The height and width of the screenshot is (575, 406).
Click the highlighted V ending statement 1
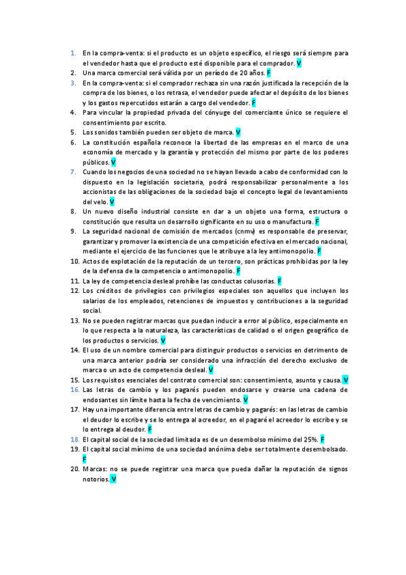[x=299, y=62]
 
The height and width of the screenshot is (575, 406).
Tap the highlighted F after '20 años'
[x=269, y=72]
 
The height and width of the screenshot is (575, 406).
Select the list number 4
[x=73, y=112]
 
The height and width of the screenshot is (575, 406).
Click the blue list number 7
[x=73, y=172]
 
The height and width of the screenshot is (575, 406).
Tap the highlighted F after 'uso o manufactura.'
[x=317, y=222]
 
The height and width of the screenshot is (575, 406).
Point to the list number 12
[x=75, y=291]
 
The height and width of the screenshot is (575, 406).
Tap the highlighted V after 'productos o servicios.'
[x=163, y=340]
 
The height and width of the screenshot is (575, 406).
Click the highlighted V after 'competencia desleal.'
[x=211, y=370]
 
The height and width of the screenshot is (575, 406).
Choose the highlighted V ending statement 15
[x=345, y=380]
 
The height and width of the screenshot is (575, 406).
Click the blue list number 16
[x=75, y=390]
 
